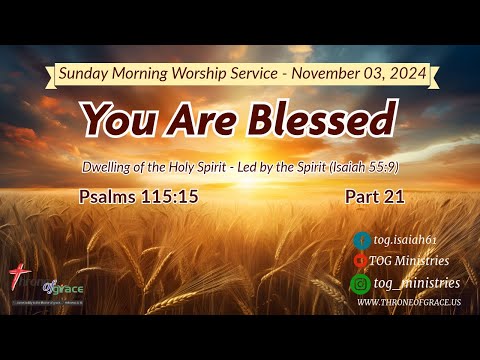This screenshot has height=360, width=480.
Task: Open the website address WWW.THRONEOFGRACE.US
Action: click(x=408, y=302)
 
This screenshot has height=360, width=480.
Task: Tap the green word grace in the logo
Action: click(x=68, y=289)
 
